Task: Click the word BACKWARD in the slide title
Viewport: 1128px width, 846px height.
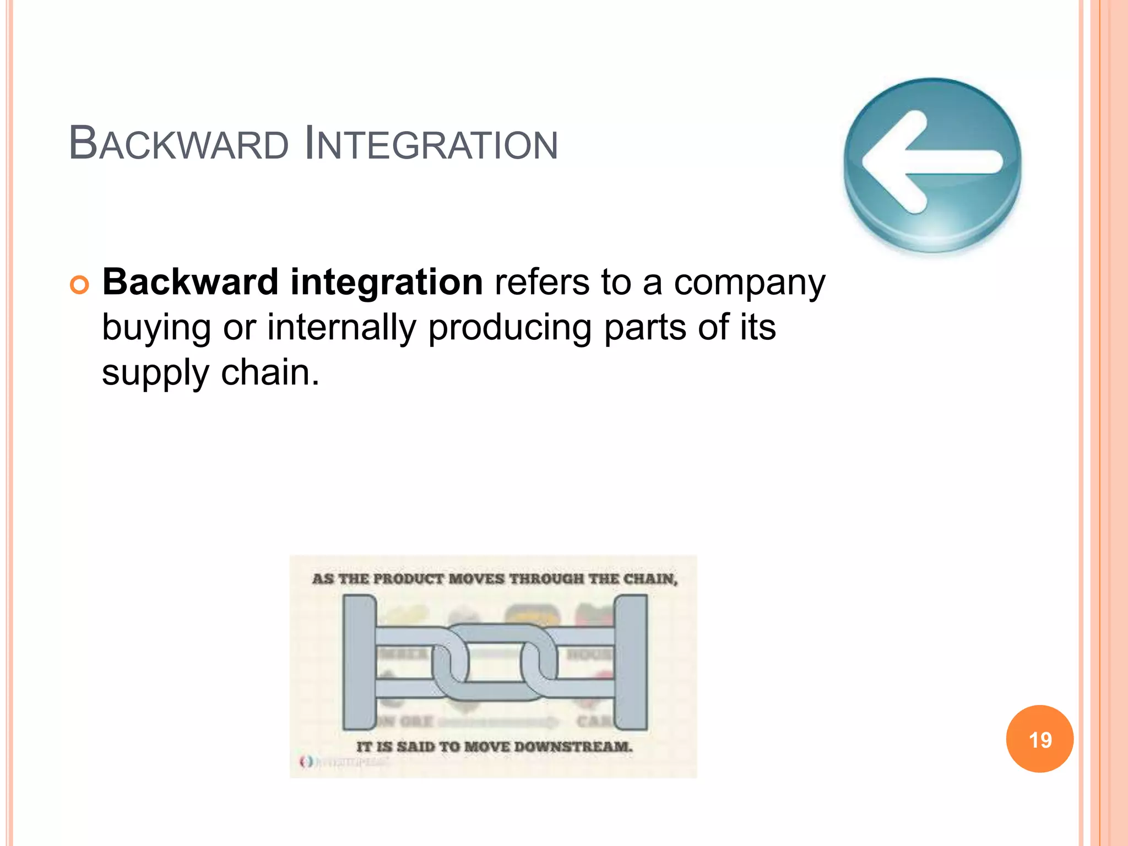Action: (178, 144)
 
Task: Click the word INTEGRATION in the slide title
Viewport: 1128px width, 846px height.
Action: (431, 144)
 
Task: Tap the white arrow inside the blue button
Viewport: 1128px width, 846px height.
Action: (931, 162)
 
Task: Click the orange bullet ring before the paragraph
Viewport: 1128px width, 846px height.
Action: (79, 285)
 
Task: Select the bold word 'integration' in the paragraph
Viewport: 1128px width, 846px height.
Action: (386, 282)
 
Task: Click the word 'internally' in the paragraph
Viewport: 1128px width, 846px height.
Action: (341, 327)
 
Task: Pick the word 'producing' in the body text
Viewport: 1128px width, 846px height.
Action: (509, 328)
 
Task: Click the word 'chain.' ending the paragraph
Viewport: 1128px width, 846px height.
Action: (270, 372)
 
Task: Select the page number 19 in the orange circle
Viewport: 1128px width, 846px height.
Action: (1040, 740)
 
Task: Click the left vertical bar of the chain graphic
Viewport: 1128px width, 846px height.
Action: (359, 662)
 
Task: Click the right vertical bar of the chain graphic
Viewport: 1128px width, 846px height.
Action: (630, 662)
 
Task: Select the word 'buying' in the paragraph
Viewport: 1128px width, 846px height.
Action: (156, 328)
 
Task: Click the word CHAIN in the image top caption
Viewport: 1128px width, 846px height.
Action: (650, 579)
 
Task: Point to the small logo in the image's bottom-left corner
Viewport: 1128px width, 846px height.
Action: (306, 762)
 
